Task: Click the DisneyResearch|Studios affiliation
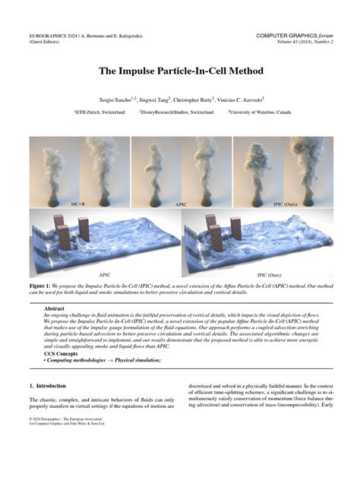click(x=177, y=112)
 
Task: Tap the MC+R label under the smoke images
click(x=77, y=204)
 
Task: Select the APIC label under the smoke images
click(x=180, y=204)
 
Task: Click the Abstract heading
click(x=55, y=309)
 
